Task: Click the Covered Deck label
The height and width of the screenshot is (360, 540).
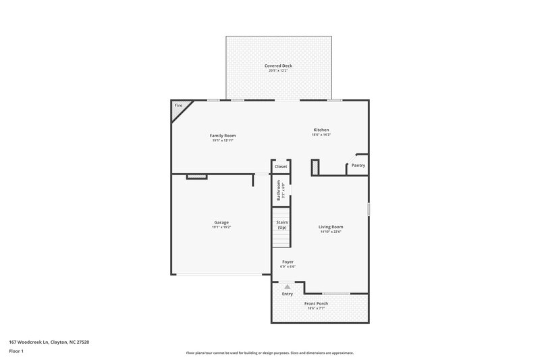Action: pos(279,66)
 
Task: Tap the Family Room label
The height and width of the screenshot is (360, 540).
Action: pos(223,136)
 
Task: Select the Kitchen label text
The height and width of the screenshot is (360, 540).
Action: pos(321,130)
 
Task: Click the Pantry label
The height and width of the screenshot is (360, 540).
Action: pos(358,165)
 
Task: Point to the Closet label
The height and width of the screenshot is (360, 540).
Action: pos(281,166)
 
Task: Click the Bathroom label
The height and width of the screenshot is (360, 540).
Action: pos(278,190)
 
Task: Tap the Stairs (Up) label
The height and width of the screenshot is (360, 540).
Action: pos(281,224)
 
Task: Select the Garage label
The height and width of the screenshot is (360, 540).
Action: pos(221,222)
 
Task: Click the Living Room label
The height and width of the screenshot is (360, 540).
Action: pos(331,227)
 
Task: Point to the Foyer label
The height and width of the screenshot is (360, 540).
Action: pos(288,261)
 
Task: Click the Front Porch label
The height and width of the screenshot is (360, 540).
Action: pos(316,304)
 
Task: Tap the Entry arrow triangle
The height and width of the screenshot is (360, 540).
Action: pos(288,286)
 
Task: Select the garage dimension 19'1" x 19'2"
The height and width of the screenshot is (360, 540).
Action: pos(221,228)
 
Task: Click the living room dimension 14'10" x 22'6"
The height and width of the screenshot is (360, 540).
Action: pos(331,232)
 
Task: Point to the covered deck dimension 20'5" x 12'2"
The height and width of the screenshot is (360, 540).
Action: pos(279,71)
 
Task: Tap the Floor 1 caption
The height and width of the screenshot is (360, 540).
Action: pos(16,352)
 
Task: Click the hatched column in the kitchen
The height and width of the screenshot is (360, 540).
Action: pos(315,167)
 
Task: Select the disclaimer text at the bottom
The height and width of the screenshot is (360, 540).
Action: pos(269,353)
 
